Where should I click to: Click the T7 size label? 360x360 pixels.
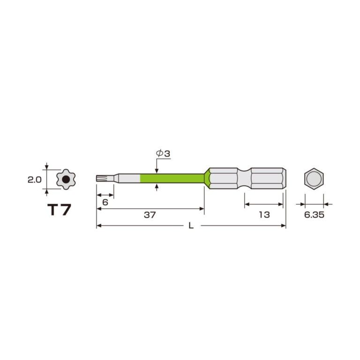pos(60,210)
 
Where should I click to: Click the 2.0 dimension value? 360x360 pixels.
pos(35,179)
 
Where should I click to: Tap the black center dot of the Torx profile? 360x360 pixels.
pos(66,179)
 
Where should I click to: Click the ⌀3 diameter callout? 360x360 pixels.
pos(162,153)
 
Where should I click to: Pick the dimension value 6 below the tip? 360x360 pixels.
pos(105,202)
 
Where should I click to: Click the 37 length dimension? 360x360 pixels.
pos(150,215)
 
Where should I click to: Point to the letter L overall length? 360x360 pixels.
pos(191,225)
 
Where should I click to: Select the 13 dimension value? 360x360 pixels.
pos(264,215)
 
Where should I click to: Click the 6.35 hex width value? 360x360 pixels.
pos(314,215)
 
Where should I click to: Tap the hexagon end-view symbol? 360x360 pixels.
pos(314,179)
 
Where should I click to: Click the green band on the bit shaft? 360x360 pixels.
pos(172,179)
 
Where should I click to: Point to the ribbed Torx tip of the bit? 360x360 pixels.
pos(100,179)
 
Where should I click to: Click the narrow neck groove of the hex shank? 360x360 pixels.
pos(244,179)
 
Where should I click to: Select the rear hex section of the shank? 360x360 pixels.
pos(267,179)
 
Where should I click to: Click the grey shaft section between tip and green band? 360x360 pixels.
pos(128,179)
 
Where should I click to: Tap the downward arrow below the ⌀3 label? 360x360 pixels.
pos(157,170)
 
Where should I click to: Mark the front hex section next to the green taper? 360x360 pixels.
pos(224,179)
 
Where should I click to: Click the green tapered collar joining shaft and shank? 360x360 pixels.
pos(207,179)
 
